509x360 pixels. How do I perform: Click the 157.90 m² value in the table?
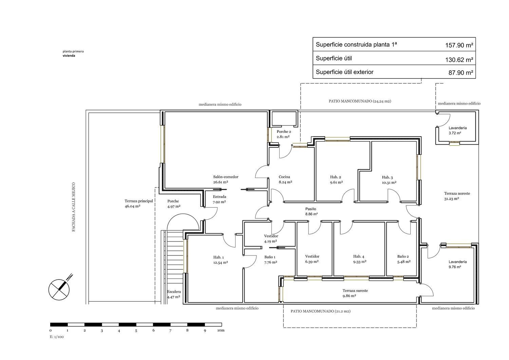(x=459, y=45)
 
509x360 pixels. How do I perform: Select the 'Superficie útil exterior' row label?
(x=344, y=72)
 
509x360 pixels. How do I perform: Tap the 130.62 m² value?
(x=459, y=60)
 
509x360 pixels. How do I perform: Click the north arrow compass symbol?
(x=60, y=288)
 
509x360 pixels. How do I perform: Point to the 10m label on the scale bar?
(x=221, y=330)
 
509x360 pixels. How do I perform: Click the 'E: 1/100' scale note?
(x=57, y=337)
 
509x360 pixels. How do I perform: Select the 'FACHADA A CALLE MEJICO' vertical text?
(x=74, y=207)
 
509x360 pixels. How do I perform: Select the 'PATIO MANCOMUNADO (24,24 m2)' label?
(x=360, y=101)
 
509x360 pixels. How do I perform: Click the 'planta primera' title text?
(x=73, y=51)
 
